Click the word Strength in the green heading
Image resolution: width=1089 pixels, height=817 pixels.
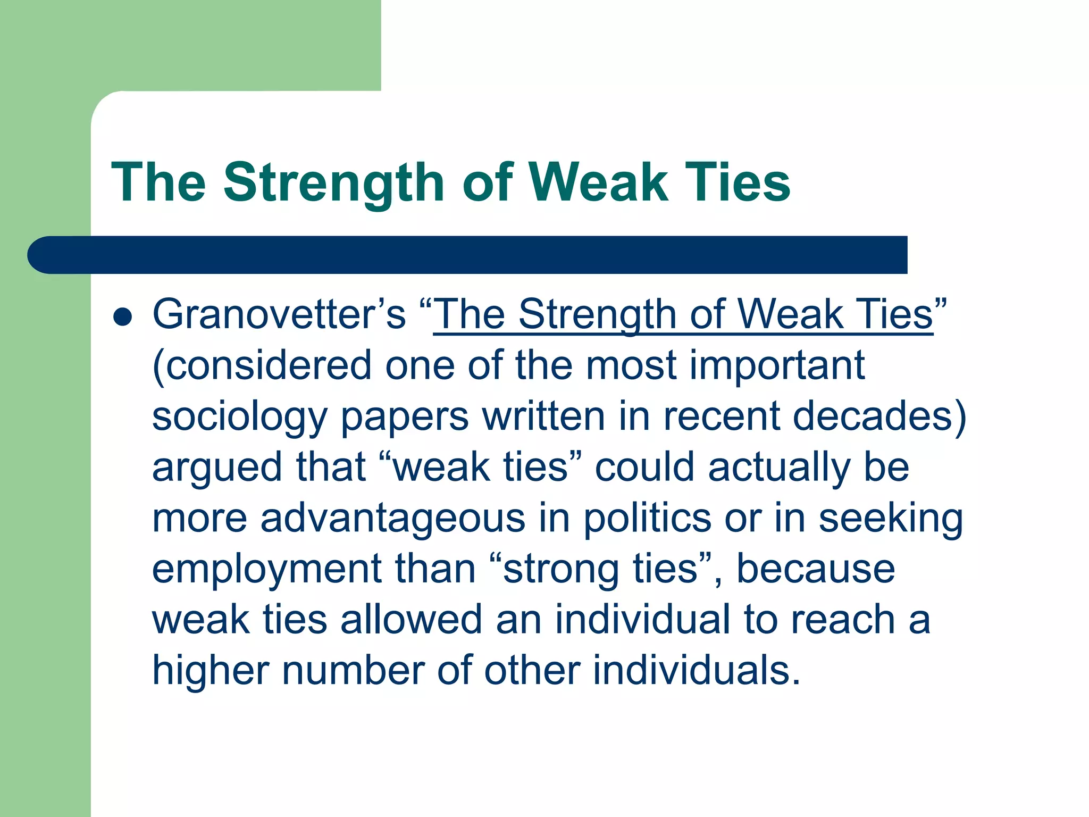click(333, 183)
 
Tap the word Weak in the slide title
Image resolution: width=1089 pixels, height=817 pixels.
click(598, 182)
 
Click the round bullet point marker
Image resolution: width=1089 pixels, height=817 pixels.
click(122, 317)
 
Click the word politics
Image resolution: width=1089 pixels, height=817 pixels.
click(647, 518)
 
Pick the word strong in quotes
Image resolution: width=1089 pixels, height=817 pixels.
click(561, 570)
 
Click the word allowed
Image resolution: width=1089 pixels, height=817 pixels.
click(411, 619)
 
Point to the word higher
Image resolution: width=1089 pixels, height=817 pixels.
click(211, 671)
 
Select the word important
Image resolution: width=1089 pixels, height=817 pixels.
click(777, 366)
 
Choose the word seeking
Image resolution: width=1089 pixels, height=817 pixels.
click(890, 519)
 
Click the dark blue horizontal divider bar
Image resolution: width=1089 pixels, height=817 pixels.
click(468, 255)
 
